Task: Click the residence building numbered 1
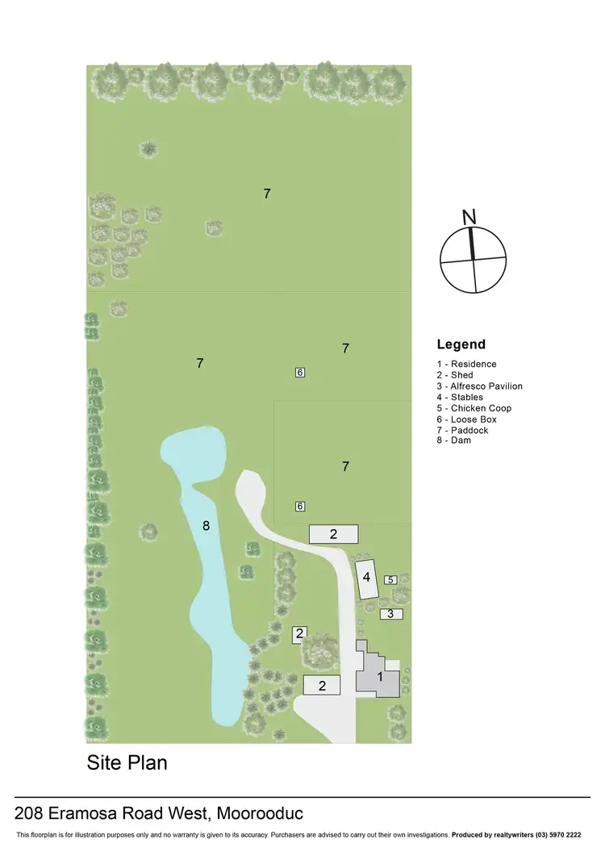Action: [x=379, y=678]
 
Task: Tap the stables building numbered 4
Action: [x=367, y=578]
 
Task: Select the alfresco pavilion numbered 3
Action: [x=391, y=614]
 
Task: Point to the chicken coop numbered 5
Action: [x=390, y=579]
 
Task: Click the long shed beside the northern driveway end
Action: [x=333, y=533]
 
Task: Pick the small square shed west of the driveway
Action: [x=299, y=634]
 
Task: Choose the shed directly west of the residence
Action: [x=322, y=686]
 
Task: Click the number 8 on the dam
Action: [x=207, y=526]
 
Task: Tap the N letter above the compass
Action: [x=469, y=217]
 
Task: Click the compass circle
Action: [x=474, y=260]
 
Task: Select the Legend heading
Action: [x=461, y=344]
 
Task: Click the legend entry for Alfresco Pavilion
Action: [x=480, y=386]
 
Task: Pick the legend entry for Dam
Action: [x=454, y=441]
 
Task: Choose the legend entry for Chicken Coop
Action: [x=474, y=408]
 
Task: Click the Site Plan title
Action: [x=127, y=762]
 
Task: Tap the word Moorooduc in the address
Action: [x=261, y=812]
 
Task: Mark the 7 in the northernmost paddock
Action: [x=267, y=194]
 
